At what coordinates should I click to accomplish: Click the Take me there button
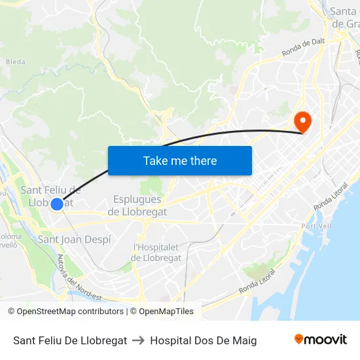[180, 160]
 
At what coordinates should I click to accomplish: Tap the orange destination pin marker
[302, 121]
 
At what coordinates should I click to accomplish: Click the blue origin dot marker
[57, 204]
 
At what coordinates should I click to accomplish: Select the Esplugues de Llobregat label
[137, 206]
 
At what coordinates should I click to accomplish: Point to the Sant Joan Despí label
[74, 240]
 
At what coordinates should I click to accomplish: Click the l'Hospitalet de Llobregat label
[156, 253]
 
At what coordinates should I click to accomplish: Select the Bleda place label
[15, 62]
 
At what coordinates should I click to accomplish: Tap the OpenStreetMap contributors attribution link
[70, 312]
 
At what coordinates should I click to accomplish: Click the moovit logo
[321, 340]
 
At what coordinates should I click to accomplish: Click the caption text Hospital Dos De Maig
[203, 340]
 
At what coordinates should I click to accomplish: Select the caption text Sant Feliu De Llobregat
[70, 340]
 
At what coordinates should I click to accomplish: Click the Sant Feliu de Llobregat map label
[50, 196]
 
